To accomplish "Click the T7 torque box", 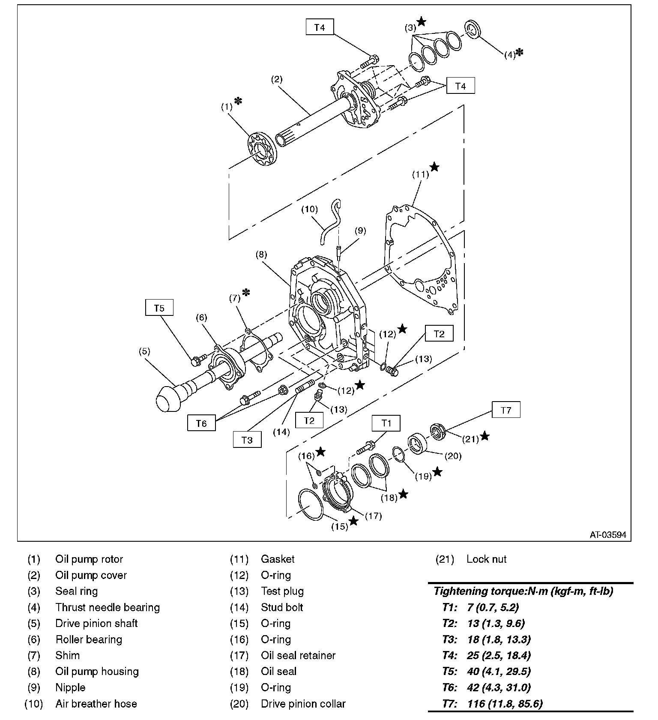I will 506,410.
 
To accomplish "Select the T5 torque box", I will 159,308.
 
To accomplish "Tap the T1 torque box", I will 386,423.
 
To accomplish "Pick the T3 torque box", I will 247,440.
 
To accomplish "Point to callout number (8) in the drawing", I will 261,254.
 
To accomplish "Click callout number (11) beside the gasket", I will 420,174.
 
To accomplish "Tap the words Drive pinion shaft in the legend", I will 96,623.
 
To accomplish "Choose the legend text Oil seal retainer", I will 298,655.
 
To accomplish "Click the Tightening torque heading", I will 523,591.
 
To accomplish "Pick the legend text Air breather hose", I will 96,704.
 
